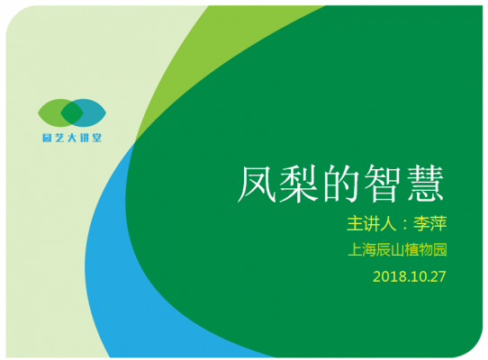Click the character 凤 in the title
click(257, 184)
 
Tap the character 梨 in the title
click(299, 184)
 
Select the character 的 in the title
click(340, 184)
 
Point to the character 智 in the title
click(383, 184)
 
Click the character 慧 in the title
click(426, 184)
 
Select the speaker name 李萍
click(429, 223)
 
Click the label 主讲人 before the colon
click(371, 223)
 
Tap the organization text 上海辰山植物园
click(397, 250)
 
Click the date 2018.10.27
click(410, 276)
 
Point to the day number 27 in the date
click(438, 276)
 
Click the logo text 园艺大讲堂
click(72, 138)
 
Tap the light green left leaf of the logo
click(50, 112)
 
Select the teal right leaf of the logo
click(94, 112)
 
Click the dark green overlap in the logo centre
click(72, 112)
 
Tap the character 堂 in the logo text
click(97, 138)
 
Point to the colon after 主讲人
click(404, 225)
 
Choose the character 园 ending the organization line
click(440, 250)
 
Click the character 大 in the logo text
click(72, 138)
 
